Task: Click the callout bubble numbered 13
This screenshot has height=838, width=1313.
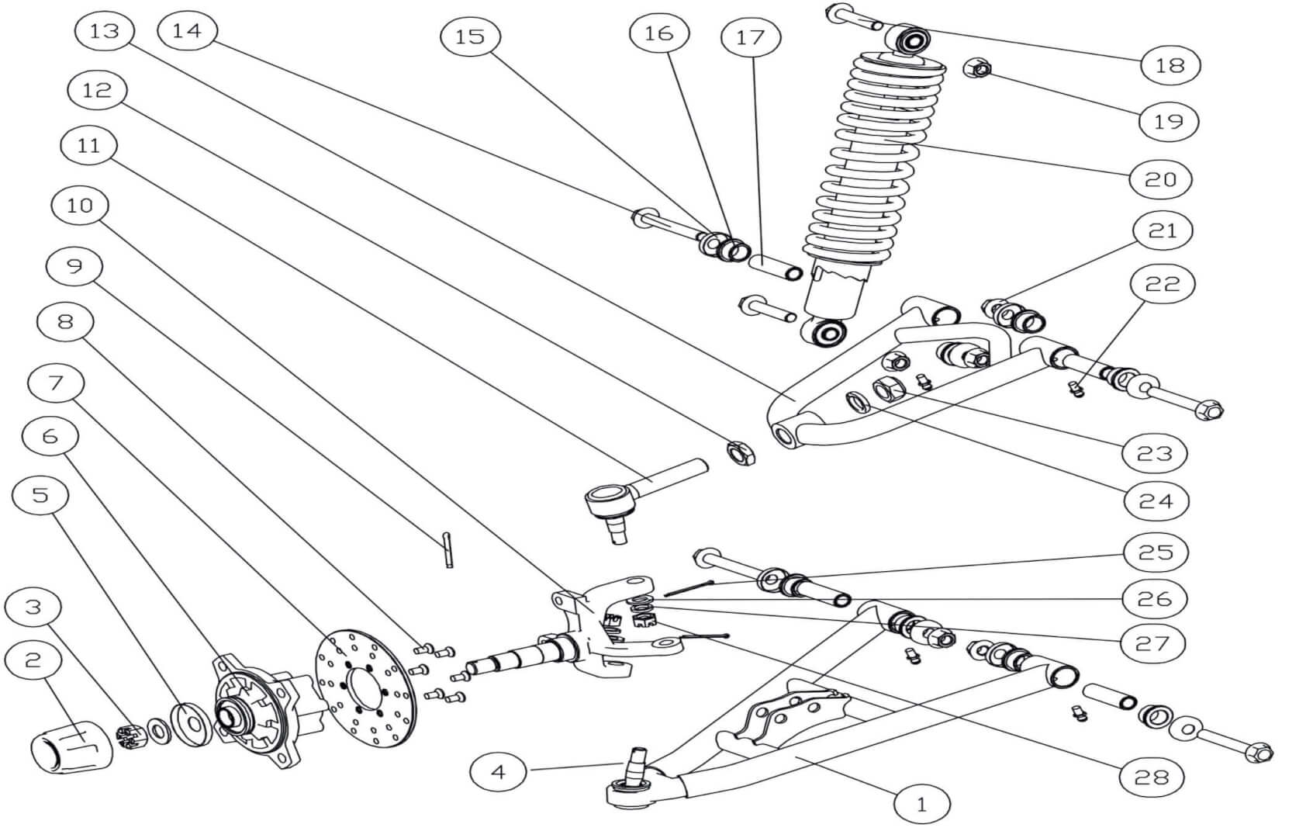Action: pyautogui.click(x=105, y=31)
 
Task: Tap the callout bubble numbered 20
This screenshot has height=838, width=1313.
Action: pyautogui.click(x=1160, y=179)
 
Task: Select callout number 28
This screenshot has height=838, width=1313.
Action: pyautogui.click(x=1152, y=776)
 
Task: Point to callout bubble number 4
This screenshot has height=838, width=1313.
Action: pyautogui.click(x=499, y=771)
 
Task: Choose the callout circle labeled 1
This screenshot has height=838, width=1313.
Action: pyautogui.click(x=921, y=805)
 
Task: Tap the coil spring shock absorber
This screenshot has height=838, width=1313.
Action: pyautogui.click(x=876, y=178)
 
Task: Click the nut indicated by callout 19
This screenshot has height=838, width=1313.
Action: pyautogui.click(x=979, y=69)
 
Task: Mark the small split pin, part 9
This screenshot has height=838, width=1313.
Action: pyautogui.click(x=448, y=549)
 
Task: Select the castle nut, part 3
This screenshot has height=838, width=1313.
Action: pyautogui.click(x=126, y=736)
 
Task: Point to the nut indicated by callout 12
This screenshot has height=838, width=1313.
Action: pyautogui.click(x=741, y=452)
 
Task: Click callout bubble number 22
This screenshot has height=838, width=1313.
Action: pyautogui.click(x=1162, y=284)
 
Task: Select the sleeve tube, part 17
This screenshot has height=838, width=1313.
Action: pyautogui.click(x=773, y=267)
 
